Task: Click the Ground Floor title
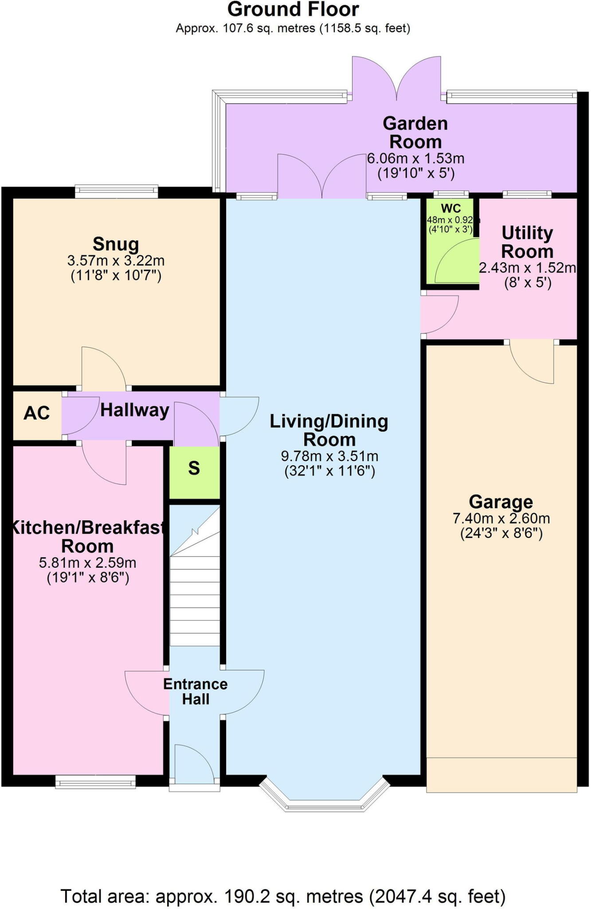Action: coord(293,10)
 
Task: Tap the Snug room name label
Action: coord(116,244)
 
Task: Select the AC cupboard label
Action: coord(36,413)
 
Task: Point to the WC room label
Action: coord(450,209)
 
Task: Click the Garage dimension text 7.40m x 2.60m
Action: coord(501,518)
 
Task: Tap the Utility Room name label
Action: coord(527,242)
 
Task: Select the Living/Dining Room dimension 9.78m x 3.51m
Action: coord(329,456)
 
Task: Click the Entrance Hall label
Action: coord(195,692)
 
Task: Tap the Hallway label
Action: coord(134,410)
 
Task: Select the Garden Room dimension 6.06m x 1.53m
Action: coord(415,158)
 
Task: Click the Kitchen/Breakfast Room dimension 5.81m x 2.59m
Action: coord(87,563)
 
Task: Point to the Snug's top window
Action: coord(116,191)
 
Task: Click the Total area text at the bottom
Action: coord(283,897)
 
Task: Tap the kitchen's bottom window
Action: coord(95,783)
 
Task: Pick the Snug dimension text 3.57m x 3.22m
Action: coord(116,261)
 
